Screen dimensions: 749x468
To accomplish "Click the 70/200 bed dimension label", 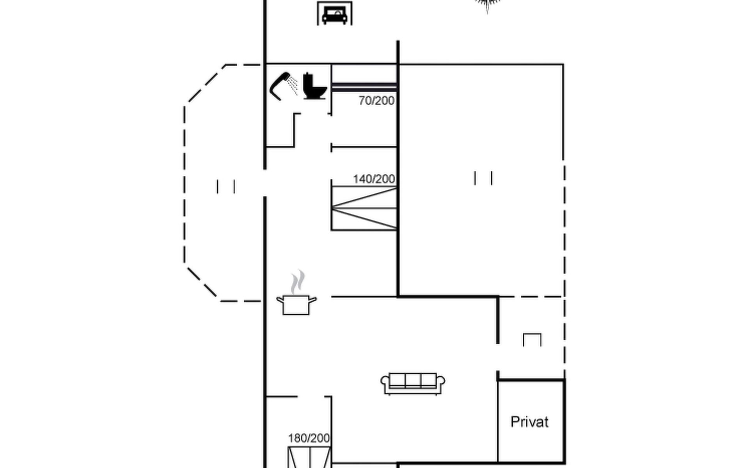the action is [x=376, y=101].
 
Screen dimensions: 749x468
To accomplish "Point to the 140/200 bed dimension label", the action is [x=374, y=179].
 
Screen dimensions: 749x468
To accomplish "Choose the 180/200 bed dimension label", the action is [x=309, y=438].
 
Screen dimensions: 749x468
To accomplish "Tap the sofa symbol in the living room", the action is [x=413, y=383].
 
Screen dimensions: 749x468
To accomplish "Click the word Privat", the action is [x=529, y=422].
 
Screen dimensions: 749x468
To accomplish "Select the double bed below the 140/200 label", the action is [x=364, y=208].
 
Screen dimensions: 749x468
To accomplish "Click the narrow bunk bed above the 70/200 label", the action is [x=364, y=87].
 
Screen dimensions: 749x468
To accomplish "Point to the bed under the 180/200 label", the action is [x=309, y=457].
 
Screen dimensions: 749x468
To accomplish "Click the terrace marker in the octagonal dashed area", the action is [x=226, y=186].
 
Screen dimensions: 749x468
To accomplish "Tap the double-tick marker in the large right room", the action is [x=483, y=178].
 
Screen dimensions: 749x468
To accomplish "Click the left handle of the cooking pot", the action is [x=280, y=300].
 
